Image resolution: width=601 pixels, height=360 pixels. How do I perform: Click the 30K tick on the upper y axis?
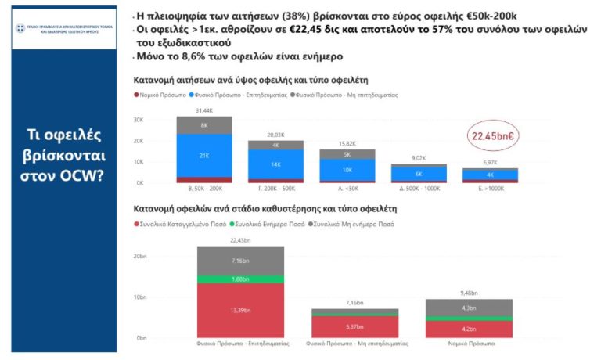(139, 120)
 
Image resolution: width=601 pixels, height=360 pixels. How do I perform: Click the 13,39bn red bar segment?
(241, 310)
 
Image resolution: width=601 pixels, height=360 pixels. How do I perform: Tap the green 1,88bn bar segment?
(241, 279)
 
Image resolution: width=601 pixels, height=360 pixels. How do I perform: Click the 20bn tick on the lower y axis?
(140, 257)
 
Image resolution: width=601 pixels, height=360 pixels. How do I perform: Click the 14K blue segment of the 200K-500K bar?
(275, 164)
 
